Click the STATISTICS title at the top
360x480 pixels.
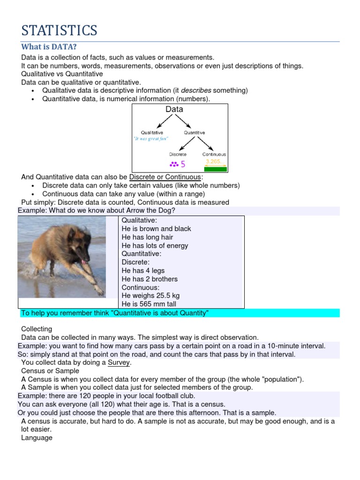coord(59,30)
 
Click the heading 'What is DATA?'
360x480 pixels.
coord(49,47)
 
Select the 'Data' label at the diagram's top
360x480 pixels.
coord(174,109)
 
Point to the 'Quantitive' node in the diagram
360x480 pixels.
coord(195,133)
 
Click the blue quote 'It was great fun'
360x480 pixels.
coord(150,139)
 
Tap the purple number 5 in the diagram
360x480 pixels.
coord(183,165)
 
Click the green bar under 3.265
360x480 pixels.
coord(215,169)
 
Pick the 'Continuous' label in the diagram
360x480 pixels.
coord(214,154)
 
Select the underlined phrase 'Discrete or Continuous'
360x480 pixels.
coord(165,177)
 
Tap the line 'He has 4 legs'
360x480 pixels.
coord(143,270)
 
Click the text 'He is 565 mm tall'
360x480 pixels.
coord(150,304)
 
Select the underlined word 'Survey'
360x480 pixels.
coord(119,363)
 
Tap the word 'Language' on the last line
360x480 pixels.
coord(37,438)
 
